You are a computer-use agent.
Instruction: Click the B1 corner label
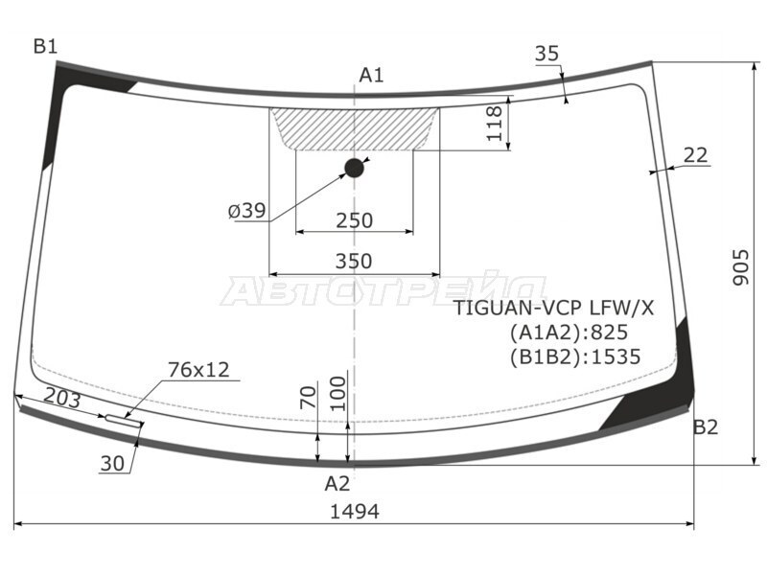pos(45,46)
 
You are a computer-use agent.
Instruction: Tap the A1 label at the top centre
pos(371,75)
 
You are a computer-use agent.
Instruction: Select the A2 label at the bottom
pos(337,484)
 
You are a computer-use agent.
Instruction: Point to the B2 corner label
pos(706,427)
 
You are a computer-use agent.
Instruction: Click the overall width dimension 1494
pos(355,512)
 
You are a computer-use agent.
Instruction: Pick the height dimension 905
pos(741,267)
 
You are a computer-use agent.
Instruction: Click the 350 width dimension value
pos(354,261)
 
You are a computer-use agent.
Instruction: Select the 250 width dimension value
pos(354,220)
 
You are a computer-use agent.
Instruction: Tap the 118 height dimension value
pos(495,124)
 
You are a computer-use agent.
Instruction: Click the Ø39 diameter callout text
pos(247,211)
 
